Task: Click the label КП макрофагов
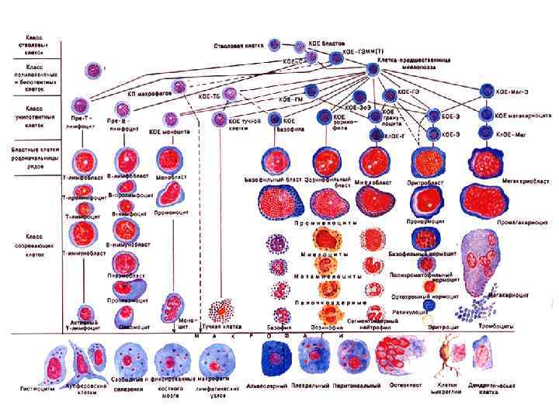click(x=143, y=92)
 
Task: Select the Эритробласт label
click(x=425, y=182)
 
